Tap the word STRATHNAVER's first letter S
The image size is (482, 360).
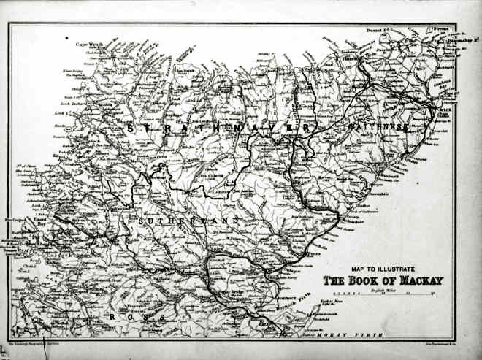coord(130,128)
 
